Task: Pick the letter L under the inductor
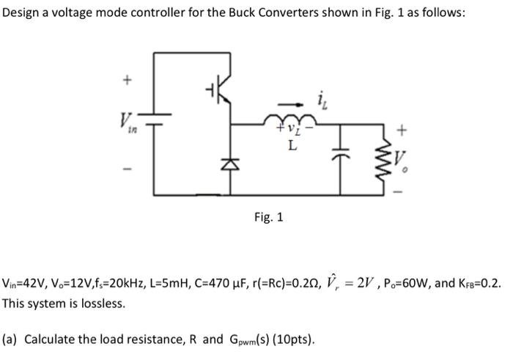click(292, 147)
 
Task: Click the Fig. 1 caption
click(268, 217)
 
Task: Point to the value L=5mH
click(168, 284)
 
